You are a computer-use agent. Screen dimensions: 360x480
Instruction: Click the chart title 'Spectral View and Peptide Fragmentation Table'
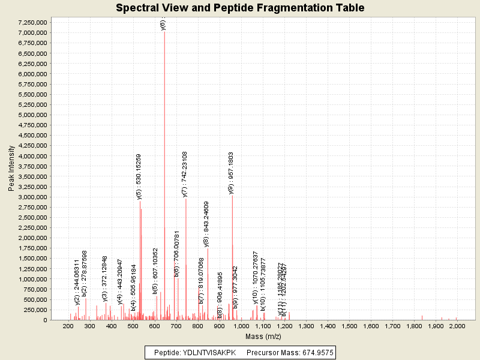[x=240, y=8]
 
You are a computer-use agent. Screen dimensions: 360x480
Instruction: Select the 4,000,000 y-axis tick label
[x=31, y=156]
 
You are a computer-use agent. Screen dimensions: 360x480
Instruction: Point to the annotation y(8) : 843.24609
[x=206, y=224]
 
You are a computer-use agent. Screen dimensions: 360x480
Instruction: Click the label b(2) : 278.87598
[x=85, y=273]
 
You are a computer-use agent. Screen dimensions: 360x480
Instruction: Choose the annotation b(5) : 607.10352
[x=155, y=270]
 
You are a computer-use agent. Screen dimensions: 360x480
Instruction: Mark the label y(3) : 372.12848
[x=105, y=279]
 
